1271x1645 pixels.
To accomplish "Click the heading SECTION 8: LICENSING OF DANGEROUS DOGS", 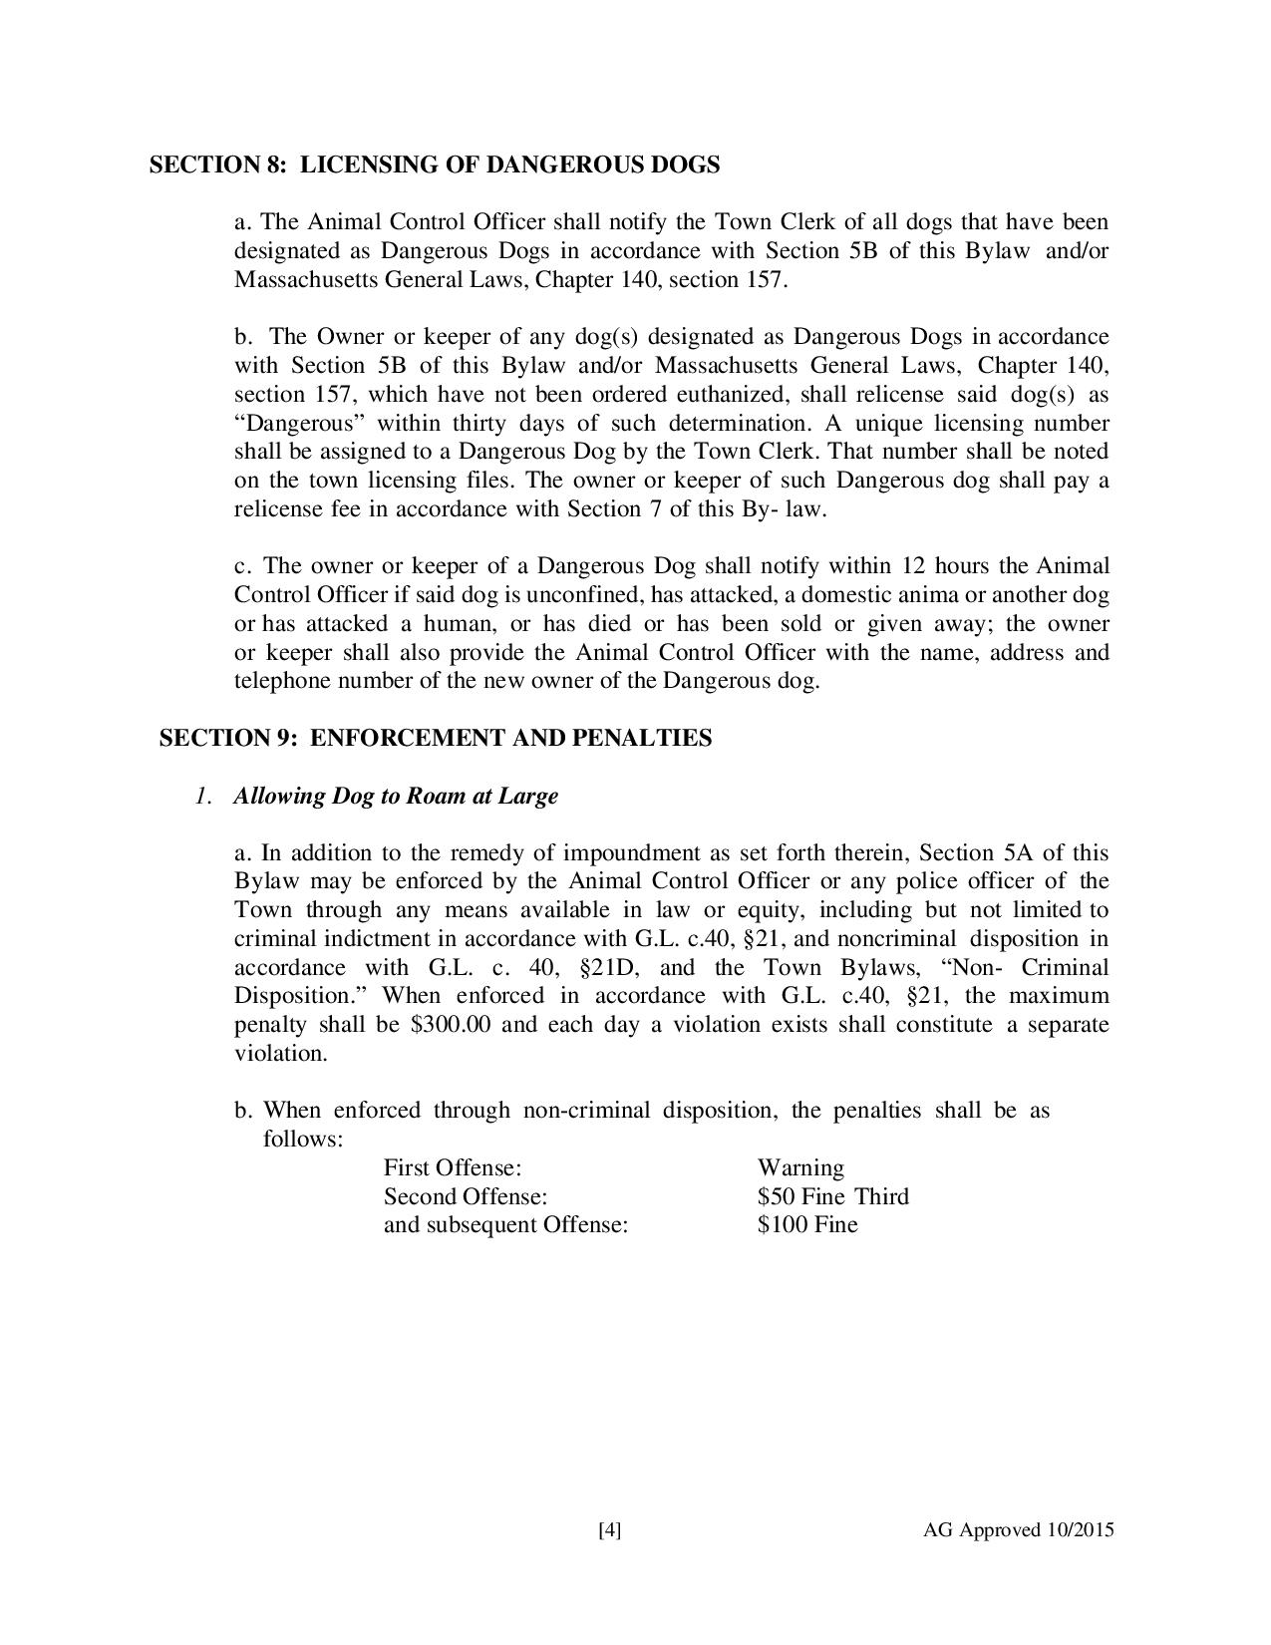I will (435, 165).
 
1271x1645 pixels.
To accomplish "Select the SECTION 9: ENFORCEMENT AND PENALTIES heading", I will (436, 739).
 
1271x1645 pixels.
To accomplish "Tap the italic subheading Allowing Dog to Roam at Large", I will (396, 797).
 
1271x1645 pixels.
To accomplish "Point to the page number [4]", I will (610, 1530).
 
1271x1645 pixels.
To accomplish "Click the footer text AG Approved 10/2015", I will (1019, 1530).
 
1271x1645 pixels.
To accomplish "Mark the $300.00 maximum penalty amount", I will (451, 1025).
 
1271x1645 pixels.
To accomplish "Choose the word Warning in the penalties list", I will (800, 1167).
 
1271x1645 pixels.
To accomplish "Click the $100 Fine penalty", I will (807, 1224).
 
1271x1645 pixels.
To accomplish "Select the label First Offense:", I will (454, 1167).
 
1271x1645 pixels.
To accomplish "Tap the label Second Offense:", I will (466, 1196).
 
